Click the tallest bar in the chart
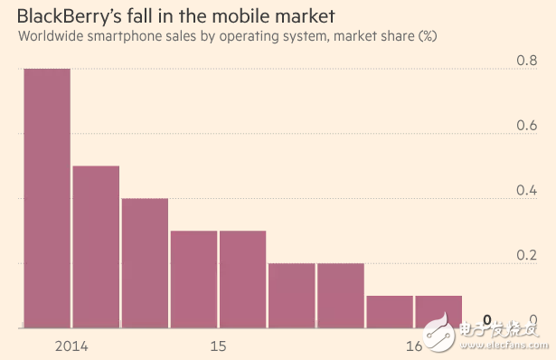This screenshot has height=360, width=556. [47, 198]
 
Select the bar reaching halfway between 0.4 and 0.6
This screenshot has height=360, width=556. [96, 247]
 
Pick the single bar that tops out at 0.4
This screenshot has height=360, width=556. [145, 263]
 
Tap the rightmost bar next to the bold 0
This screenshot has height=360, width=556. [438, 312]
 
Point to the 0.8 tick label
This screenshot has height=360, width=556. [526, 61]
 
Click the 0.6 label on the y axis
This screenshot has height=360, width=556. [526, 125]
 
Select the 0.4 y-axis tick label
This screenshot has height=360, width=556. [526, 190]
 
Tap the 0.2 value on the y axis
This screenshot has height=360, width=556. [526, 255]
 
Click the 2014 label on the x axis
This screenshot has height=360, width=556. [71, 346]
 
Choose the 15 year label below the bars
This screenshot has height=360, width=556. [218, 346]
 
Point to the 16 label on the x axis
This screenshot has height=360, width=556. [414, 346]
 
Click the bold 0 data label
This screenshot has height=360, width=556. [487, 320]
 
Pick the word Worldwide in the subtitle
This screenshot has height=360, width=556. [51, 36]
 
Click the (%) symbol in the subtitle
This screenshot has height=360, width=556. [428, 36]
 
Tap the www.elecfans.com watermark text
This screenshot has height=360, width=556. [504, 345]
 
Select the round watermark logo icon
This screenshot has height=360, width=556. [438, 332]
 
